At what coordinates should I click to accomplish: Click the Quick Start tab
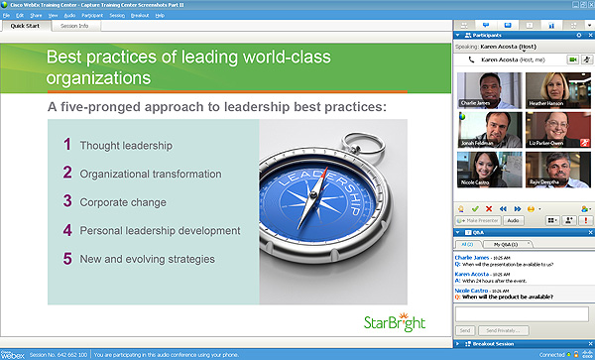[x=26, y=26]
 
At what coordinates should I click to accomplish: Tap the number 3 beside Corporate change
[x=66, y=200]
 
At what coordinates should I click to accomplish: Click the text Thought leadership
[x=126, y=146]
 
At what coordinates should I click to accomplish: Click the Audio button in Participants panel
[x=514, y=220]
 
